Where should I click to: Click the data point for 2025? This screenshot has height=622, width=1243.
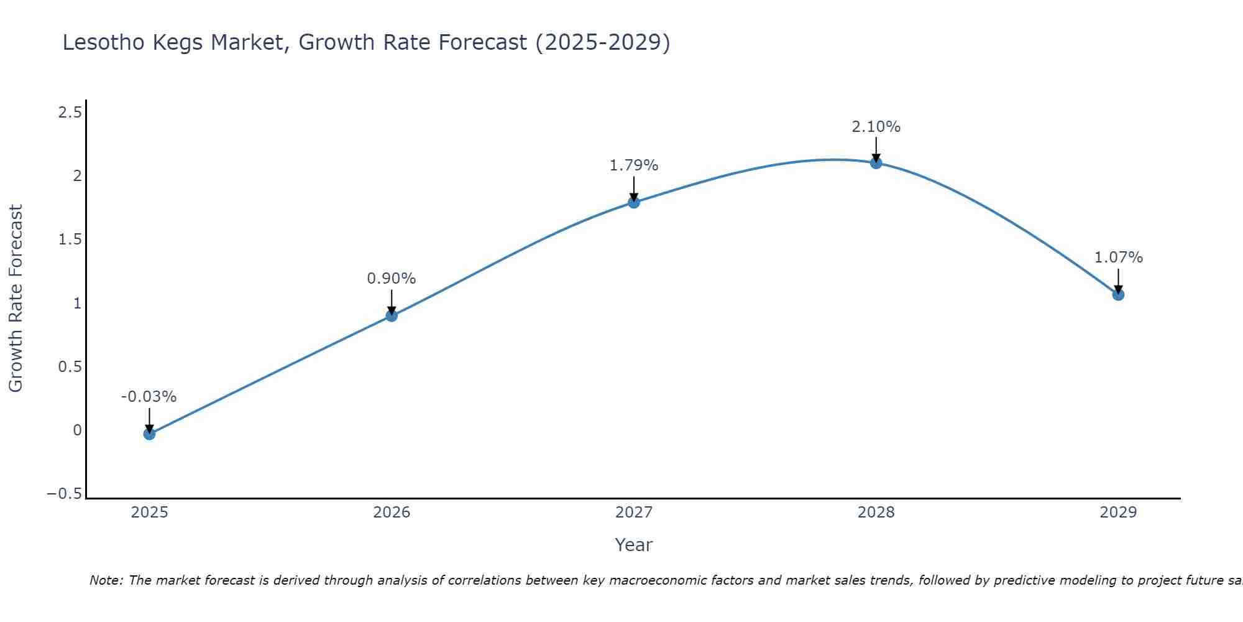(x=149, y=434)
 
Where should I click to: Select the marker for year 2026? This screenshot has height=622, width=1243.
(x=392, y=315)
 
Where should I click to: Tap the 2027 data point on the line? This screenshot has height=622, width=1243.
(x=634, y=202)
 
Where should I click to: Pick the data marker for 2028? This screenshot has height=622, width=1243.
(x=876, y=163)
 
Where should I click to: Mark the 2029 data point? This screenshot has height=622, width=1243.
(x=1118, y=294)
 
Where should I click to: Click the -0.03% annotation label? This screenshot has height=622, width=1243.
(x=149, y=397)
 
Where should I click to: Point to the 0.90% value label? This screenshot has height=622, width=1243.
(x=391, y=279)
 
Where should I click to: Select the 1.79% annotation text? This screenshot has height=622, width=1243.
(x=633, y=165)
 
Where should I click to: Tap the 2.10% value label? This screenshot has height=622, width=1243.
(x=876, y=127)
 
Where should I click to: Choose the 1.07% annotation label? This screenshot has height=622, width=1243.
(x=1118, y=258)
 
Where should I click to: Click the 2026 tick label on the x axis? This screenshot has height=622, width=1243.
(x=392, y=513)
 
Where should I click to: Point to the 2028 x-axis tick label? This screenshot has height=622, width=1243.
(x=876, y=513)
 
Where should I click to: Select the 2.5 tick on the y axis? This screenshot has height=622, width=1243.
(x=70, y=113)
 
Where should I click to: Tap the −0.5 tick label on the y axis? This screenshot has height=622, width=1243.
(x=64, y=494)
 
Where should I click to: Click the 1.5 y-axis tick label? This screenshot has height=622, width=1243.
(x=70, y=239)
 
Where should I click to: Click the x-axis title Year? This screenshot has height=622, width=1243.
(x=633, y=545)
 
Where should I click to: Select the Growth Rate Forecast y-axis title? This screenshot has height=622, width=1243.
(x=16, y=299)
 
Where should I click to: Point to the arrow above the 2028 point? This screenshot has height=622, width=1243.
(x=876, y=149)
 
